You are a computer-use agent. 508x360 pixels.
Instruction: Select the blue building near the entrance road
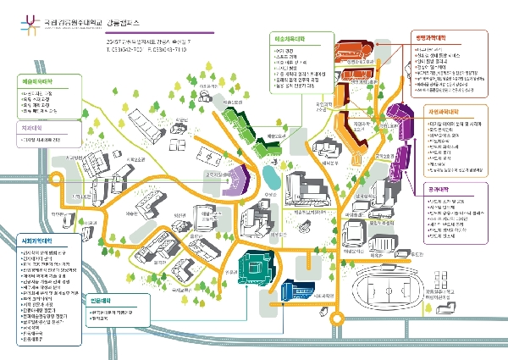[297, 291]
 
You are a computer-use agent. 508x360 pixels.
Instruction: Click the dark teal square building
[253, 271]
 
